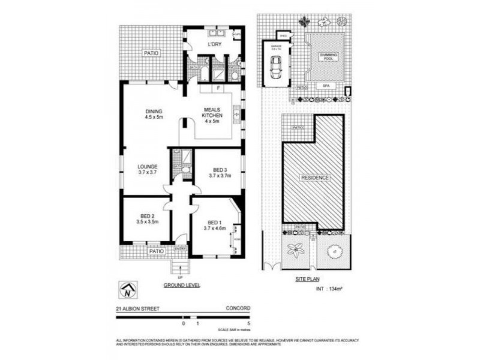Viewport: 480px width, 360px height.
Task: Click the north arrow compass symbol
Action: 128,291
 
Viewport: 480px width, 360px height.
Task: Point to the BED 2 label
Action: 148,218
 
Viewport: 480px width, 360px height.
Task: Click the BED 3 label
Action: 220,171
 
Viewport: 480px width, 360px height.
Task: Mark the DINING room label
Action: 154,114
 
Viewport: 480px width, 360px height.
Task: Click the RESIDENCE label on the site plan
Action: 314,178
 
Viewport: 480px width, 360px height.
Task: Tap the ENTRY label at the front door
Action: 180,248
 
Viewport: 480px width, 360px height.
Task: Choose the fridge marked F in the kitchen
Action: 220,89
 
